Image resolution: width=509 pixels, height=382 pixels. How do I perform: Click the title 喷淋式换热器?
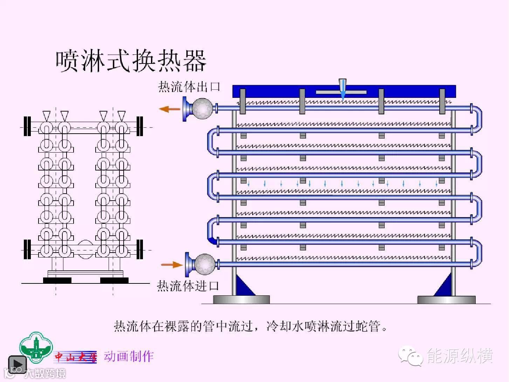pos(131,61)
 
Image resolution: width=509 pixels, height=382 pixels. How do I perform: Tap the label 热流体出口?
pos(189,87)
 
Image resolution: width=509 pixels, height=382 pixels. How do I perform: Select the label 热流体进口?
pos(188,286)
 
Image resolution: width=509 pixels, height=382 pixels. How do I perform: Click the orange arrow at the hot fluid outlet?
pos(169,109)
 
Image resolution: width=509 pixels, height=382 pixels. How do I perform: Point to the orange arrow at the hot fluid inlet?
pos(171,264)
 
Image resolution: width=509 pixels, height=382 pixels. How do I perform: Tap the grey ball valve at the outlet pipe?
pos(202,108)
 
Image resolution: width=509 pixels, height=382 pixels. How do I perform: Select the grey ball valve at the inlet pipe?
pos(205,264)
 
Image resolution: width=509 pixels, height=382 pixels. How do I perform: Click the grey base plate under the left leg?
pos(241,300)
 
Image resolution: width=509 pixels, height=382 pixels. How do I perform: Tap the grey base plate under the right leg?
pos(446,300)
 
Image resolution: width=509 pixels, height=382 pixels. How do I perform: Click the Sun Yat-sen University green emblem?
pos(36,347)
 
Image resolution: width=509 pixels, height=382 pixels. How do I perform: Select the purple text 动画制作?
pos(129,356)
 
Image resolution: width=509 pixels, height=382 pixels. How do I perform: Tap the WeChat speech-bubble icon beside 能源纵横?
pos(410,356)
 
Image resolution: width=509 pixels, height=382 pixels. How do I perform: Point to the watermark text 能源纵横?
pos(460,356)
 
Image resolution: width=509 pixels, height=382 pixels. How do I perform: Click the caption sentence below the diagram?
pos(251,326)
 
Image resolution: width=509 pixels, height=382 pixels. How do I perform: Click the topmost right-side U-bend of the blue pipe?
pos(476,118)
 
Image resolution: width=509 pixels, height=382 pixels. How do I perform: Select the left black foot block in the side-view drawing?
pos(57,280)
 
